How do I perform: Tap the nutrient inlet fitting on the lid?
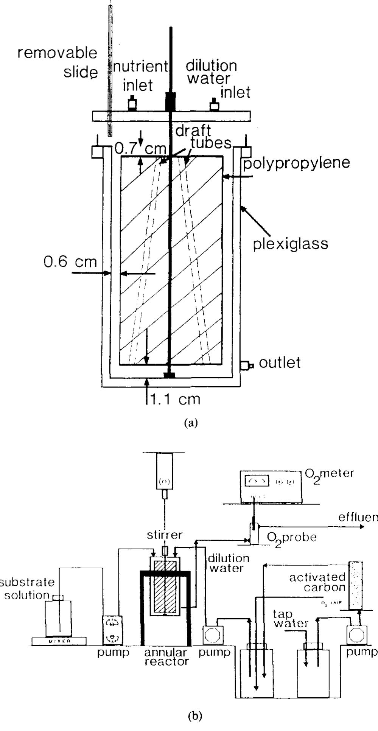click(132, 103)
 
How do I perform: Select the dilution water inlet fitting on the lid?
click(215, 104)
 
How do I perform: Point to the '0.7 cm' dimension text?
click(140, 148)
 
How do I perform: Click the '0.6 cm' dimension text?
click(70, 261)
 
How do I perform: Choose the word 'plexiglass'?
click(291, 244)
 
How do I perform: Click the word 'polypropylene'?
click(296, 163)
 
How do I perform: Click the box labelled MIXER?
click(59, 641)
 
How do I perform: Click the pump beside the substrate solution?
click(113, 630)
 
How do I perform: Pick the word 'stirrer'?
click(165, 535)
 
